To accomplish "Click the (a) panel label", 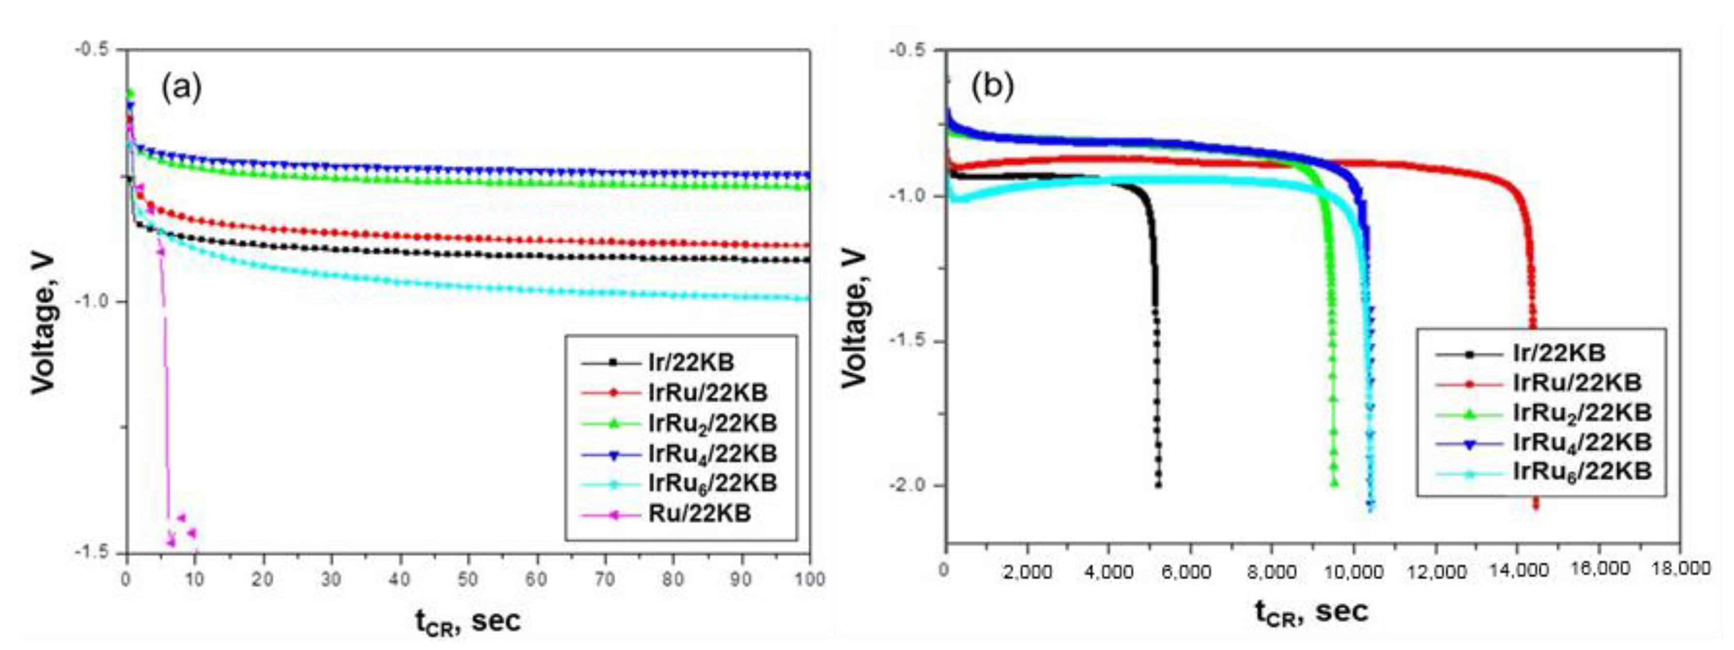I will [181, 88].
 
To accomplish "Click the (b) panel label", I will [992, 88].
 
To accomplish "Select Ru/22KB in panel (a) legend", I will [700, 514].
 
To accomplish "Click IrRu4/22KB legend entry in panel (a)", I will [712, 453].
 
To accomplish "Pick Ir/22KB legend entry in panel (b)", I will [1558, 352].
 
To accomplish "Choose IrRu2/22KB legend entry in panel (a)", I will [712, 423].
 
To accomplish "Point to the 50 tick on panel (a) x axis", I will [468, 579].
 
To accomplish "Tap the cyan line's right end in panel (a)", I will [807, 299].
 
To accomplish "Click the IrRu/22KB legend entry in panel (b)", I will [1576, 382].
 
